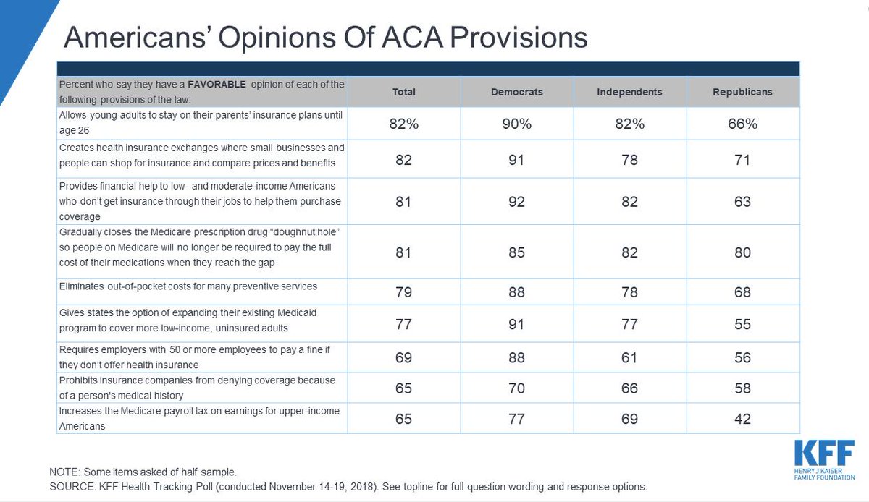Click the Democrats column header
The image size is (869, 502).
(516, 92)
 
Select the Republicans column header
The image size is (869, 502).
(742, 92)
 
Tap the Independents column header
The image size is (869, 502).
(629, 92)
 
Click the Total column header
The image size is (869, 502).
(403, 92)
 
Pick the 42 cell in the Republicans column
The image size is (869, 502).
(742, 419)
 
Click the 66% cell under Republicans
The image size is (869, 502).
(742, 124)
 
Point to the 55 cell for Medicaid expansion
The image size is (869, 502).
(742, 325)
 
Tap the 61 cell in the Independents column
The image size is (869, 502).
(629, 357)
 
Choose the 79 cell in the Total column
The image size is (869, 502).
(403, 292)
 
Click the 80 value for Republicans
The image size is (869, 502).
(742, 252)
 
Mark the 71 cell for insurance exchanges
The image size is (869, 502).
(742, 159)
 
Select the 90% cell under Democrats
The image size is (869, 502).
(516, 124)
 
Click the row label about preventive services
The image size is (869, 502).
(188, 286)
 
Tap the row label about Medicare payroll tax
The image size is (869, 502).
(199, 418)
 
